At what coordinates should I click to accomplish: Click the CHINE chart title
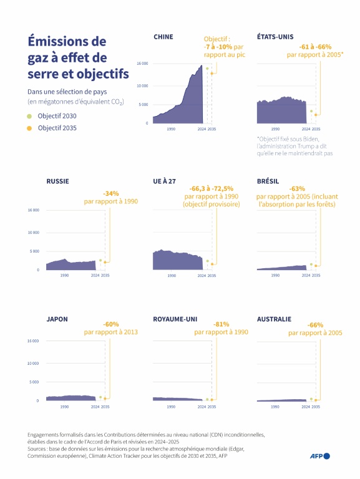point(163,37)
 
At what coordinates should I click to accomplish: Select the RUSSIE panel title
point(57,181)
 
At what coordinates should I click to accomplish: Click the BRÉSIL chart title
point(268,181)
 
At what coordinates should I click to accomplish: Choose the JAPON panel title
point(57,319)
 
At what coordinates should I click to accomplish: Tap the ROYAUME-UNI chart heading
point(175,319)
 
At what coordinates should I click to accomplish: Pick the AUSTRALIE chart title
point(274,319)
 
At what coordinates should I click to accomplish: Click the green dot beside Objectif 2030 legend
point(29,117)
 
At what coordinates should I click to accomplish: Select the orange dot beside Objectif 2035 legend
point(29,128)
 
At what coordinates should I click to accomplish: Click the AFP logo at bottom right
point(320,456)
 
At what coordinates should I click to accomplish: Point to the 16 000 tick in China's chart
point(142,64)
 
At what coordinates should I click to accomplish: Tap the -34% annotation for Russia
point(110,193)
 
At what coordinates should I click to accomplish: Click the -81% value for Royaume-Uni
point(221,324)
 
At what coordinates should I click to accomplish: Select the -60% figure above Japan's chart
point(111,324)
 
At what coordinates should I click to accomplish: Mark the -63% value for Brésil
point(297,188)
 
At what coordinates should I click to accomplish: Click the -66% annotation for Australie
point(315,325)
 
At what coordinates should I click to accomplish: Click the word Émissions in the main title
point(58,42)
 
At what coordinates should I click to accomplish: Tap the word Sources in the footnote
point(39,448)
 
